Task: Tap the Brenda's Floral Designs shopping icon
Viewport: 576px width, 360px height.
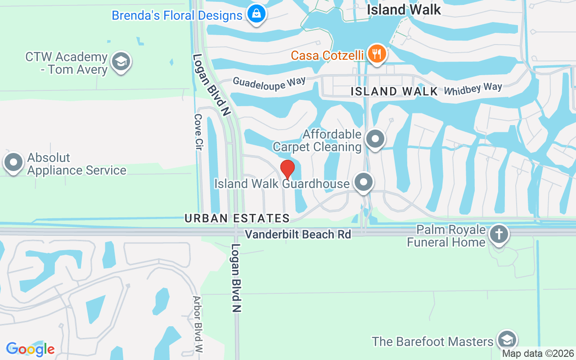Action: (256, 14)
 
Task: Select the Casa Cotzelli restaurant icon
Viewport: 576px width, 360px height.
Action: (377, 54)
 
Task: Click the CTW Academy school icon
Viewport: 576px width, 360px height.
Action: (120, 63)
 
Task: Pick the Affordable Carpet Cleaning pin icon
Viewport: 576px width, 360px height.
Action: (375, 139)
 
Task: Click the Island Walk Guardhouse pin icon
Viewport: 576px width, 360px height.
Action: (364, 182)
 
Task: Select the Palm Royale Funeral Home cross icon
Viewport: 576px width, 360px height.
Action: (499, 234)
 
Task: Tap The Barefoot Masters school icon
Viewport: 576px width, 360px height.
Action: (507, 340)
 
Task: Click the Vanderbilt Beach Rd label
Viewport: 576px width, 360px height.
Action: (298, 234)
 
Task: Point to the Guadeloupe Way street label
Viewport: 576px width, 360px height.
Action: (269, 82)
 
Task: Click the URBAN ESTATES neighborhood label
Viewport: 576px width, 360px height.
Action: (237, 218)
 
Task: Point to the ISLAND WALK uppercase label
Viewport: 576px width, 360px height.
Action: (394, 91)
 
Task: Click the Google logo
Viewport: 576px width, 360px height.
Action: (30, 349)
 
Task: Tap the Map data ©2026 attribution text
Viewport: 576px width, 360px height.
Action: (538, 354)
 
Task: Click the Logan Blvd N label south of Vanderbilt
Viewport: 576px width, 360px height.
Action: (237, 278)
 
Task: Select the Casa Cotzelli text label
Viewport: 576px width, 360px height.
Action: (327, 55)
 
